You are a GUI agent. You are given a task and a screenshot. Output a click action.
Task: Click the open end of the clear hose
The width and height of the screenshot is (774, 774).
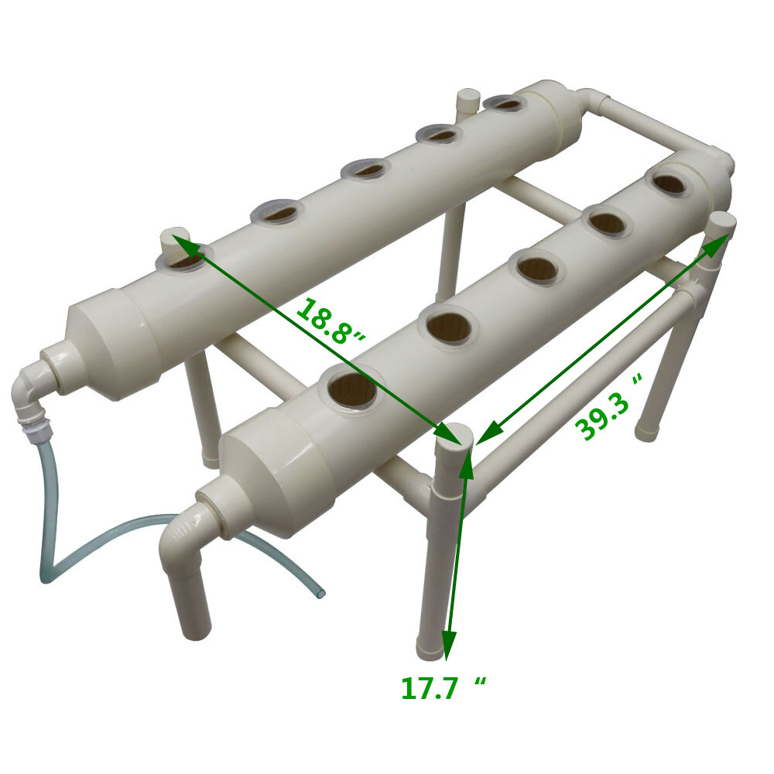pyautogui.click(x=320, y=594)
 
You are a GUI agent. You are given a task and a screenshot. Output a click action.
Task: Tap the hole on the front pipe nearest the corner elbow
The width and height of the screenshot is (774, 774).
pyautogui.click(x=668, y=183)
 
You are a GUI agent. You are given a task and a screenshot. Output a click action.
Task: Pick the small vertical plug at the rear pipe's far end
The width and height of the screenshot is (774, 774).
pyautogui.click(x=467, y=101)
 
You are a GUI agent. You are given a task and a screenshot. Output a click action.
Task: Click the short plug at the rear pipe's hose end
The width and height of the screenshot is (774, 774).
pyautogui.click(x=175, y=238)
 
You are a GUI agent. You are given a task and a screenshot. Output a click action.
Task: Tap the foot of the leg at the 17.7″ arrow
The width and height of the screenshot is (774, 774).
pyautogui.click(x=430, y=649)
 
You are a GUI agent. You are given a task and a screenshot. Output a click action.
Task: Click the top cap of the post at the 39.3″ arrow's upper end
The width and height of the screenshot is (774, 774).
pyautogui.click(x=721, y=222)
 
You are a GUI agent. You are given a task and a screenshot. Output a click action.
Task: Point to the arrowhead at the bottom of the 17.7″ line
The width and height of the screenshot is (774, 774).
pyautogui.click(x=448, y=642)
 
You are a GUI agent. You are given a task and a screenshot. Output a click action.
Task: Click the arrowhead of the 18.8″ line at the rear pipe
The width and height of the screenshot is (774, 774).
pyautogui.click(x=184, y=246)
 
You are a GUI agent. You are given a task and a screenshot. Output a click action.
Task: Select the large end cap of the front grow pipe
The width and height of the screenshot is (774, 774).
pyautogui.click(x=263, y=472)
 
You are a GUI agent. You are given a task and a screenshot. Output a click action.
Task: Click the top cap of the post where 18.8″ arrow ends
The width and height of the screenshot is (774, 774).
pyautogui.click(x=454, y=435)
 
